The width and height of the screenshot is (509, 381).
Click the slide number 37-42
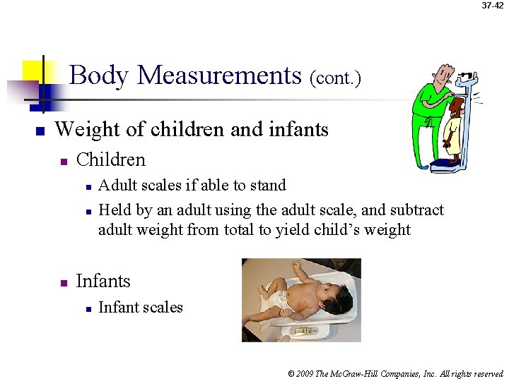pos(493,6)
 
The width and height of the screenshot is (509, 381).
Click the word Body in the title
pos(100,75)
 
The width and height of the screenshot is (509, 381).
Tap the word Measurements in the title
pos(220,75)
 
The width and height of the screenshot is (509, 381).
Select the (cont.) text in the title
pos(335,78)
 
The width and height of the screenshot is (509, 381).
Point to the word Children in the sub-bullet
pos(110,159)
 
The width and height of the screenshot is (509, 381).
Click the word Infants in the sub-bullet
pos(103,282)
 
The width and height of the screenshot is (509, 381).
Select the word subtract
pos(418,210)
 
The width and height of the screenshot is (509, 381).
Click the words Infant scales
pos(141,308)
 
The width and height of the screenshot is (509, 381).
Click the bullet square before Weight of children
pos(40,131)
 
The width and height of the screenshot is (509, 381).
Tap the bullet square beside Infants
pos(63,283)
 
